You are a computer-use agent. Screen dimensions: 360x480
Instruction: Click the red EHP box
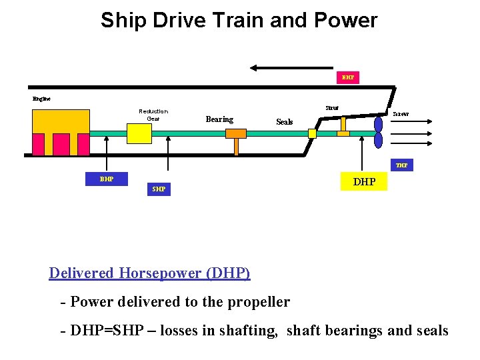[347, 77]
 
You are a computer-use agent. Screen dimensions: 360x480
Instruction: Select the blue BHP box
[106, 179]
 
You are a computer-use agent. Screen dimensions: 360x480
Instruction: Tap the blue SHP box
[159, 189]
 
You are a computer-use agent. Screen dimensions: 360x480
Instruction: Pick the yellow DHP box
[364, 181]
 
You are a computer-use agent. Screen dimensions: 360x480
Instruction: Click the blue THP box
[401, 165]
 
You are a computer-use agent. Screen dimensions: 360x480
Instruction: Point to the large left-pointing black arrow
[291, 67]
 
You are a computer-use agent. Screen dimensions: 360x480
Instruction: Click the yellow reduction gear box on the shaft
[139, 133]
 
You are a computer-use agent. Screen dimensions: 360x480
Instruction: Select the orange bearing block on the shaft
[236, 133]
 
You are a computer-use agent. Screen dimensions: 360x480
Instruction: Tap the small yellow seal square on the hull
[312, 133]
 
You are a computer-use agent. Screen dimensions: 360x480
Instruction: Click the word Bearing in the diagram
[219, 119]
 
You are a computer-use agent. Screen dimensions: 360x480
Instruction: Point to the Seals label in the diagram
[285, 122]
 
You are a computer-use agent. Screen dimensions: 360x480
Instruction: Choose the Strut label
[331, 107]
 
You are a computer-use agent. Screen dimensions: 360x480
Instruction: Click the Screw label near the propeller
[401, 114]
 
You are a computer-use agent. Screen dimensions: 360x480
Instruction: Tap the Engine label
[41, 99]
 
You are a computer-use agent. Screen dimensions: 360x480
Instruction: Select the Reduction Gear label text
[153, 115]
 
